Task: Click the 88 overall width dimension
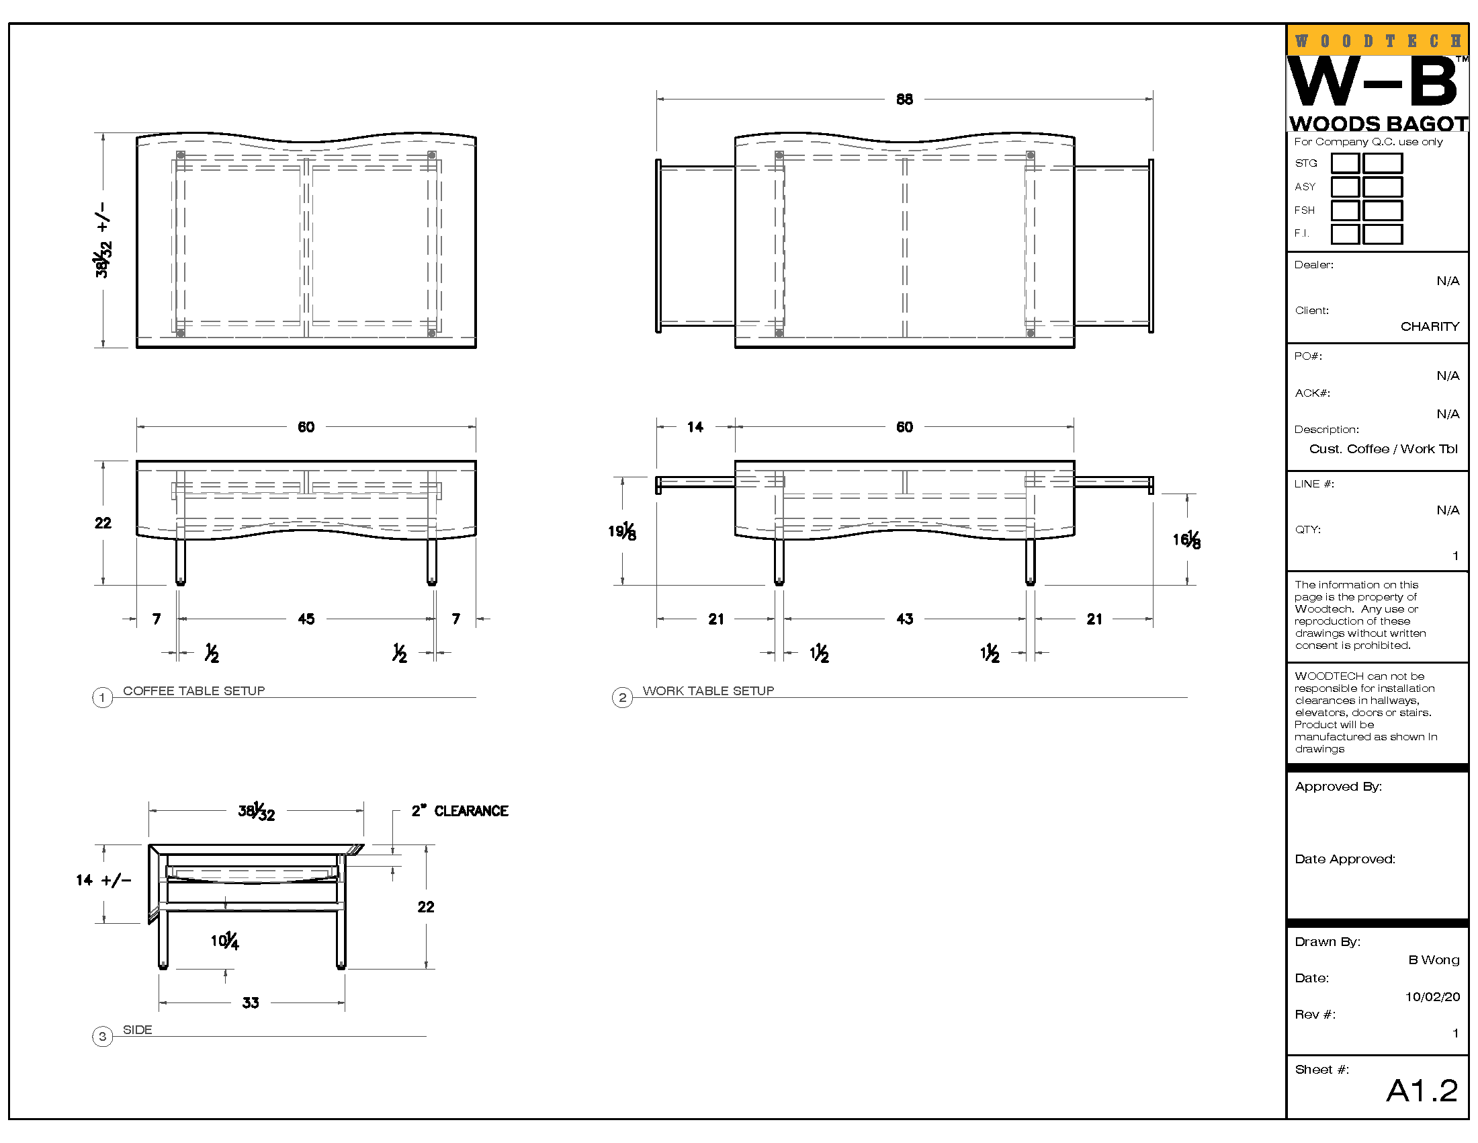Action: click(904, 100)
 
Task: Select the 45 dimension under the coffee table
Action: click(306, 619)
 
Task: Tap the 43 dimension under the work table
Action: click(905, 619)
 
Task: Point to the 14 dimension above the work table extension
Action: click(695, 427)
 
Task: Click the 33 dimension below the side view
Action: click(251, 1003)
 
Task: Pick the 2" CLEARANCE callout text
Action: click(460, 812)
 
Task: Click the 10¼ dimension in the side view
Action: click(224, 941)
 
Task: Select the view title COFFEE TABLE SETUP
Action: click(193, 691)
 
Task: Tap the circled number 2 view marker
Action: click(622, 697)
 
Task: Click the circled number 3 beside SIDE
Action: click(102, 1036)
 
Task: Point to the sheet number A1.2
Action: click(1422, 1091)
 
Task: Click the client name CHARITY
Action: click(1429, 326)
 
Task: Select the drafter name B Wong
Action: click(1434, 960)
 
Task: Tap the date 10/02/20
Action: click(1432, 996)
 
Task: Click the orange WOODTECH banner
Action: click(1377, 40)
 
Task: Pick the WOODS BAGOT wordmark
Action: click(1378, 124)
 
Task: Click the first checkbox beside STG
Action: click(1345, 163)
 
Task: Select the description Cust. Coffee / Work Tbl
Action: click(1383, 449)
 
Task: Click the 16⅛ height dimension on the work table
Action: click(1186, 541)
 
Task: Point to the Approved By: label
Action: click(1338, 787)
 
